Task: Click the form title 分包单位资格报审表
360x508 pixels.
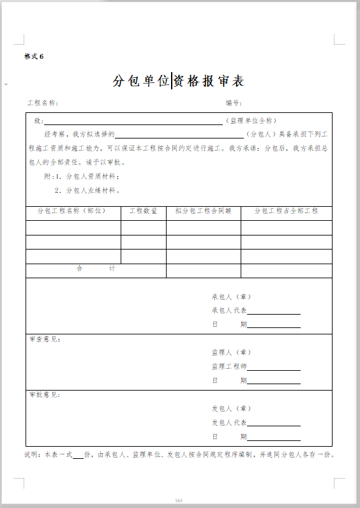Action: click(179, 81)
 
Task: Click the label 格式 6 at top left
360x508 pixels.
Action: click(34, 56)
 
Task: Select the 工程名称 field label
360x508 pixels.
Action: click(43, 103)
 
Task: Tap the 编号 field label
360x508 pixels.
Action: click(233, 103)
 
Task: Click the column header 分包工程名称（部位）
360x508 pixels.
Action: click(71, 211)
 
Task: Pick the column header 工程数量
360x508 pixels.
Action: click(143, 211)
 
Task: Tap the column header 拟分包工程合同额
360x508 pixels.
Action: click(203, 211)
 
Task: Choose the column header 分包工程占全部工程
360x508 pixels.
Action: click(286, 211)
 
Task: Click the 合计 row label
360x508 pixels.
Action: click(96, 269)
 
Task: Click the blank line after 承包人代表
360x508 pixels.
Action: click(274, 313)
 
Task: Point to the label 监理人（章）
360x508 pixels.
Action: click(232, 352)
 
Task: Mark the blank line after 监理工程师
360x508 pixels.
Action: click(274, 368)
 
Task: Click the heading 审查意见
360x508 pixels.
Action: click(45, 340)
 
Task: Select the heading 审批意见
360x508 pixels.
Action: click(45, 395)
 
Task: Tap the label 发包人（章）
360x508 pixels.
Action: click(232, 408)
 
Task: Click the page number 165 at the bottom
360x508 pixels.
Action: click(179, 500)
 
